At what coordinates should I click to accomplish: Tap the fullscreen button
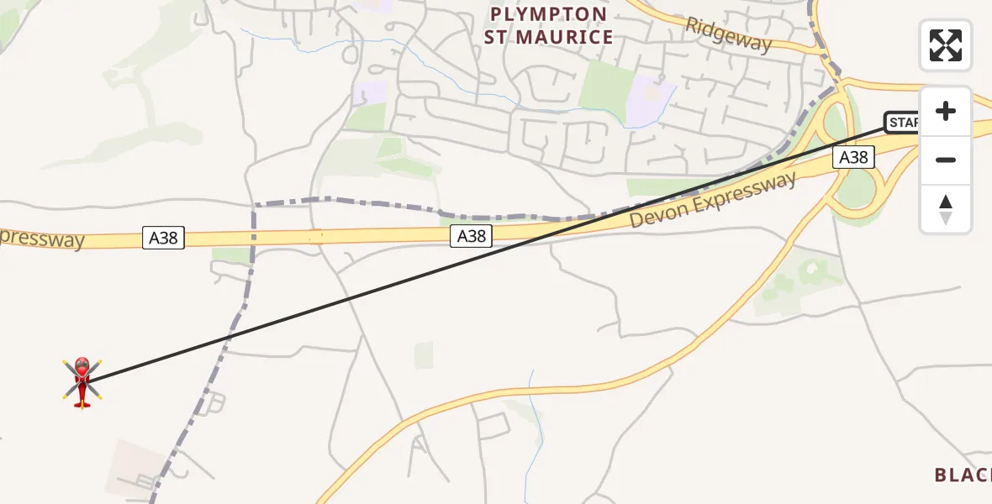pyautogui.click(x=946, y=45)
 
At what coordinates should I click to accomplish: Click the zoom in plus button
pyautogui.click(x=946, y=111)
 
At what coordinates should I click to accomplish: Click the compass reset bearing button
pyautogui.click(x=946, y=209)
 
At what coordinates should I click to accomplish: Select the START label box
pyautogui.click(x=903, y=123)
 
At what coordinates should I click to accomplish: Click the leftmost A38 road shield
pyautogui.click(x=163, y=238)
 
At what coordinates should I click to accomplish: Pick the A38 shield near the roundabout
pyautogui.click(x=854, y=156)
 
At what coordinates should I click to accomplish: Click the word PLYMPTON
pyautogui.click(x=548, y=14)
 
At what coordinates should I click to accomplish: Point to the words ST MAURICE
pyautogui.click(x=548, y=38)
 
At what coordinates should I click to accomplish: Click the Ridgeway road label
pyautogui.click(x=728, y=34)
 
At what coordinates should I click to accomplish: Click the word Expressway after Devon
pyautogui.click(x=750, y=189)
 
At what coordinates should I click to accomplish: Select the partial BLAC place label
pyautogui.click(x=963, y=475)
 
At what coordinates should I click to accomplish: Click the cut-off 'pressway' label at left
pyautogui.click(x=42, y=239)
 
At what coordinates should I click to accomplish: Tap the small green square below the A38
pyautogui.click(x=425, y=355)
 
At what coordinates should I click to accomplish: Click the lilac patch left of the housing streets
pyautogui.click(x=370, y=92)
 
